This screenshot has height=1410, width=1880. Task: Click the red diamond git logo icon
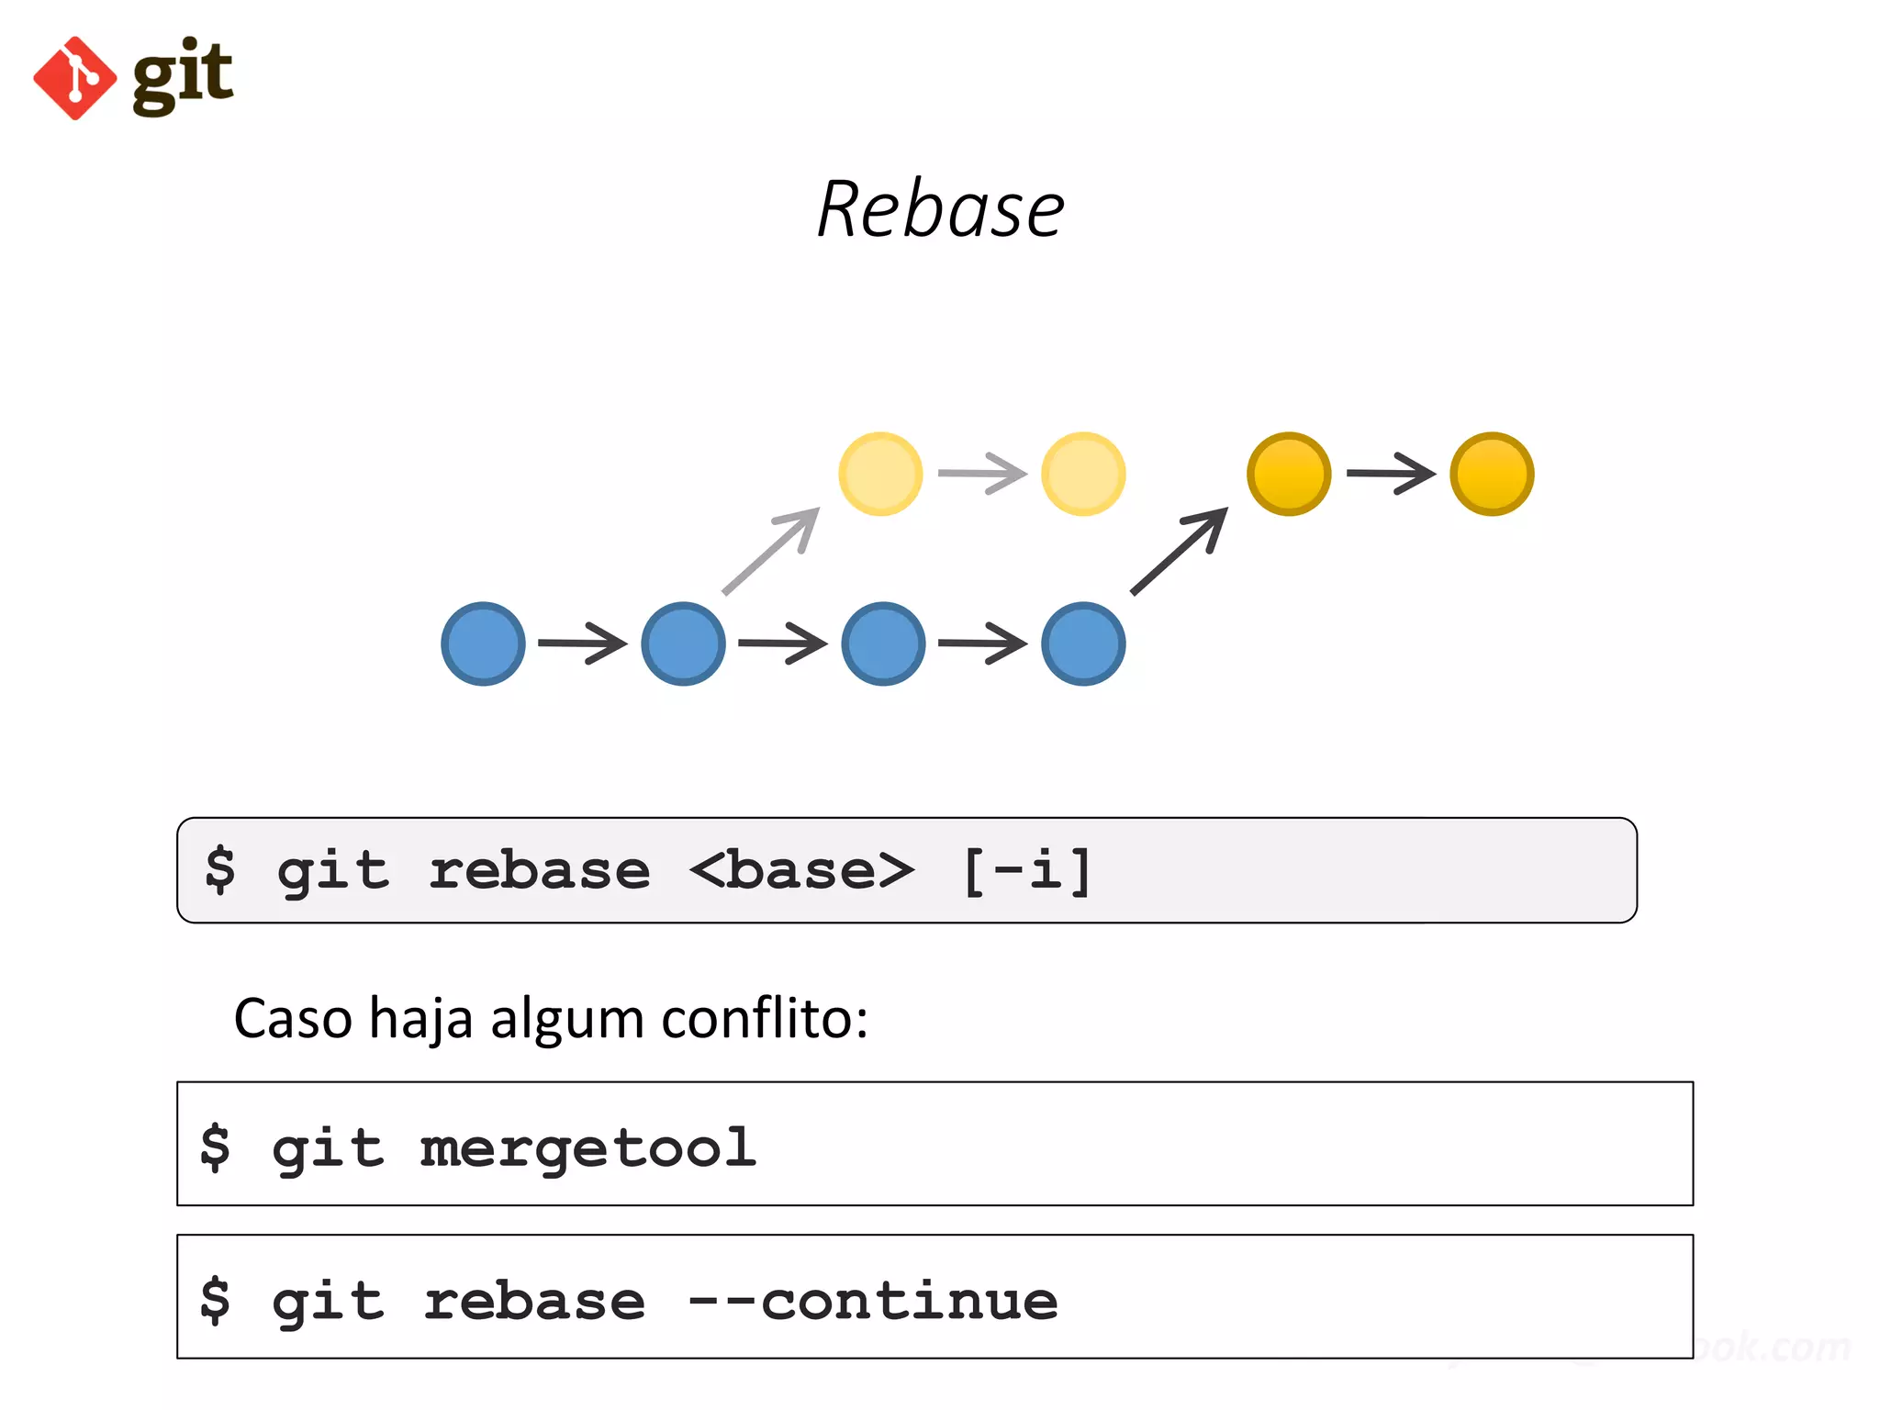click(x=74, y=78)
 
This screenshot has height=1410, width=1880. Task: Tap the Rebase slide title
click(x=940, y=210)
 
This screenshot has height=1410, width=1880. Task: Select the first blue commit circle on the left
click(x=483, y=643)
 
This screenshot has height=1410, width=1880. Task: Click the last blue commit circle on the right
click(x=1083, y=643)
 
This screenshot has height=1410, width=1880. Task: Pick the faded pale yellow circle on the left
click(x=880, y=474)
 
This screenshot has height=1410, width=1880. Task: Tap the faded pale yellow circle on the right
click(x=1083, y=474)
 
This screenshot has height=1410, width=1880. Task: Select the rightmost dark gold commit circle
click(x=1492, y=474)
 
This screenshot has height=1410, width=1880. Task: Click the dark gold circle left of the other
click(x=1289, y=474)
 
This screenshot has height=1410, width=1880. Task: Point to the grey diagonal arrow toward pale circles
click(x=771, y=551)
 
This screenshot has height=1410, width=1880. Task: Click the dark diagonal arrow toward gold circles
click(x=1180, y=551)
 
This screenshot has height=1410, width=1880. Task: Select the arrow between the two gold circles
click(x=1391, y=474)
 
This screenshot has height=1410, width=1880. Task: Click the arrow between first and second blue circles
click(x=583, y=643)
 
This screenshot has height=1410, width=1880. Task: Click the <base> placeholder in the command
click(x=801, y=870)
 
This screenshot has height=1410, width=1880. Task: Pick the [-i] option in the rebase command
click(x=1026, y=870)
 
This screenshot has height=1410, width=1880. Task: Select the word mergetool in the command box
click(x=587, y=1147)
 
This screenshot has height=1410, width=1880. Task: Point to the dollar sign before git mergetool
click(x=216, y=1147)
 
